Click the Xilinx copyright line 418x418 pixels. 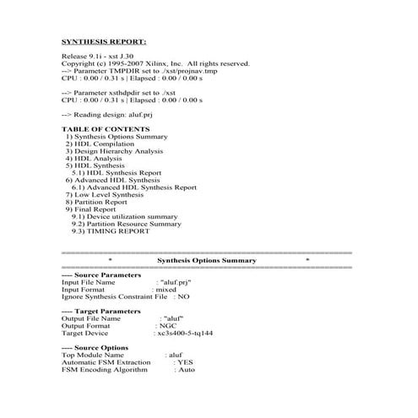click(155, 63)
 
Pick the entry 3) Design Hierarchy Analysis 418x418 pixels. click(114, 151)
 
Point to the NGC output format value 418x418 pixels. click(169, 326)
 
